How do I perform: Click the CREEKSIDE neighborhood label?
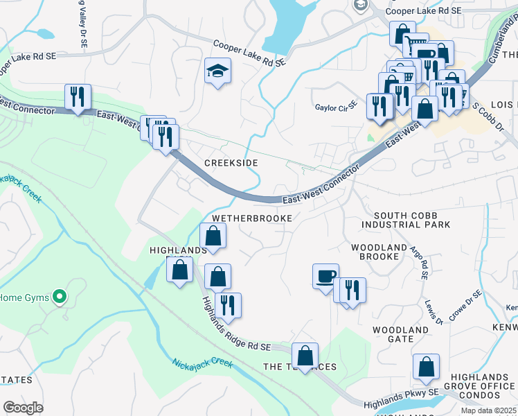(231, 162)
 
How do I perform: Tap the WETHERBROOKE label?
(252, 218)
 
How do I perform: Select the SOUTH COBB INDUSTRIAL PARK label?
(411, 220)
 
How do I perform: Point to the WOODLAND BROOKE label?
(378, 252)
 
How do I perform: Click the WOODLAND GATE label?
(400, 334)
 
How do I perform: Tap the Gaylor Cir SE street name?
(336, 107)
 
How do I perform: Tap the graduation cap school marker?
(217, 71)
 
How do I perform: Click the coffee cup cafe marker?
(325, 276)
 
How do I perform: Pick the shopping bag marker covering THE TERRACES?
(305, 356)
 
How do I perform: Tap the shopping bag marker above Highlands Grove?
(427, 366)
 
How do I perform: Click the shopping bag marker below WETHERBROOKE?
(213, 236)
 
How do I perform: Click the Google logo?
(23, 407)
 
